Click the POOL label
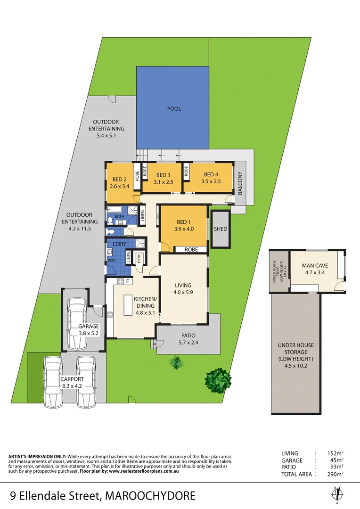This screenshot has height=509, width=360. [174, 109]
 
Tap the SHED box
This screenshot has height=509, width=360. [220, 229]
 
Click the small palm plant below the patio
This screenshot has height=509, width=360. [176, 362]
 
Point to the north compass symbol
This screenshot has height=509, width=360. [336, 494]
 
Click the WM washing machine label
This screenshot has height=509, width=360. [111, 260]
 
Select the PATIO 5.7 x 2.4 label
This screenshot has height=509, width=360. [188, 339]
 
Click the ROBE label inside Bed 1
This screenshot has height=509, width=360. [191, 249]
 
